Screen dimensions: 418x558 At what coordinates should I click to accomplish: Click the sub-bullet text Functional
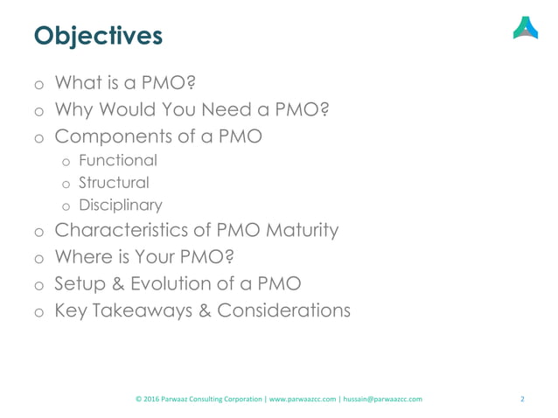118,161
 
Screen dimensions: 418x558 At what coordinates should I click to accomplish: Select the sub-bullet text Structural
113,184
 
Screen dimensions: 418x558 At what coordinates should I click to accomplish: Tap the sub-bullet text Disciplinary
120,206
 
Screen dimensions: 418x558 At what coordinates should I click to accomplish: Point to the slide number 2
522,400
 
